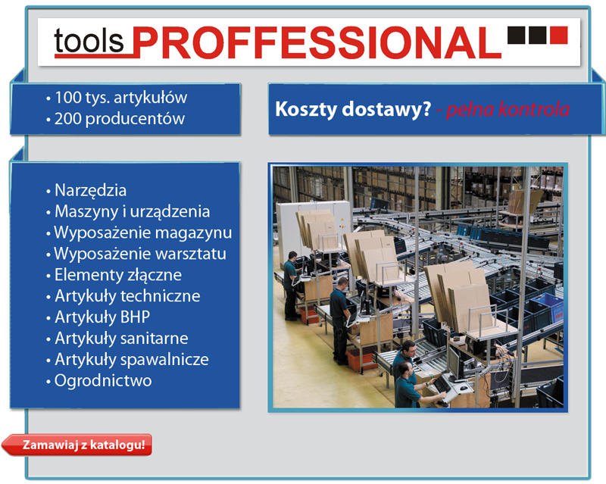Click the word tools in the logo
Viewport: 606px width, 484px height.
(x=89, y=41)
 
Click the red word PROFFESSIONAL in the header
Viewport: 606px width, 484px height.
(x=317, y=42)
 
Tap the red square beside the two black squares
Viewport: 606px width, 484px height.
(x=558, y=35)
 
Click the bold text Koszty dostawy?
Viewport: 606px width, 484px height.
(x=353, y=109)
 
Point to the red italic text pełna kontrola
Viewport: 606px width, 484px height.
(x=508, y=109)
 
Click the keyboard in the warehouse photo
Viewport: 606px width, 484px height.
(x=442, y=384)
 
